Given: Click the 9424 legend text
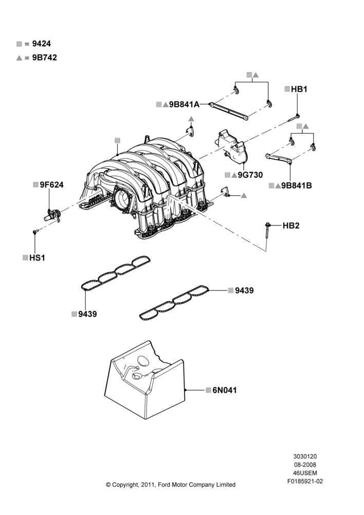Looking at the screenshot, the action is [41, 44].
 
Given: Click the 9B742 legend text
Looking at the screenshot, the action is [44, 58].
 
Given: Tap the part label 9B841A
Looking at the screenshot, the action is [184, 105].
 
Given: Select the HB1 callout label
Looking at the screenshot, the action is [299, 89].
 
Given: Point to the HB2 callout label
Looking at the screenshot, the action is [291, 226].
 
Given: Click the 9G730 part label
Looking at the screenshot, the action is [250, 175].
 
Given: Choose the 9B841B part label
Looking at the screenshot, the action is [297, 185].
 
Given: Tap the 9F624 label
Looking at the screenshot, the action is [51, 184].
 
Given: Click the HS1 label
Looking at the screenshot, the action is [37, 258].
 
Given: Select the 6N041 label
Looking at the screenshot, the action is [225, 390].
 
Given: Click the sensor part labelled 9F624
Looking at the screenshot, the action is [53, 214].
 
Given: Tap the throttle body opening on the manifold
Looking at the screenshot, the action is [123, 198].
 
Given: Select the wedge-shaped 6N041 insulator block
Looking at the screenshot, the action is [145, 381].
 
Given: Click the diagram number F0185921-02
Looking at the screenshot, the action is [305, 482].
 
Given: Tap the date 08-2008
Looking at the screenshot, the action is [305, 465].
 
